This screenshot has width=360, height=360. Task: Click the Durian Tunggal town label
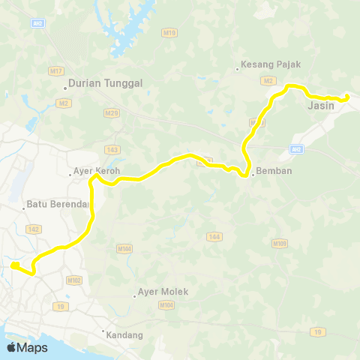pos(99,84)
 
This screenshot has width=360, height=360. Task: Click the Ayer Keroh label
pos(97,170)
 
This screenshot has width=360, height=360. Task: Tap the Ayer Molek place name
pos(162,292)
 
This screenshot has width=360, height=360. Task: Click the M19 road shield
pos(169,54)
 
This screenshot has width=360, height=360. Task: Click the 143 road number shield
pos(112,149)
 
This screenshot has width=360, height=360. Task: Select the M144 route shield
pos(124,247)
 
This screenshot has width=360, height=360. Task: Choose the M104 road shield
pos(166,305)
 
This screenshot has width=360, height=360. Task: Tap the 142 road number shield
pos(32,229)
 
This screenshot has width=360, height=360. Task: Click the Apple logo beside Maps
pos(12,347)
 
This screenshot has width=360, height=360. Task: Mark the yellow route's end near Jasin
pos(346,97)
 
